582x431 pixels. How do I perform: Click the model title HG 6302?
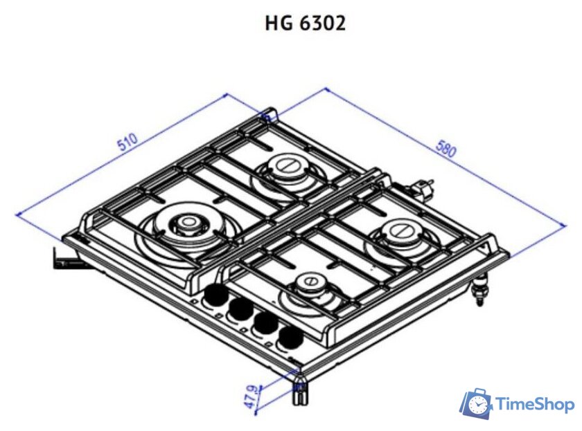(305, 23)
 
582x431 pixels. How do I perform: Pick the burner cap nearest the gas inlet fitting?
(400, 231)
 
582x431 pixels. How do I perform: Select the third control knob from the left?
(264, 324)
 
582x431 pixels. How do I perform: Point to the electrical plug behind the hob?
(421, 187)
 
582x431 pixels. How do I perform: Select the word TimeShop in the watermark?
(535, 405)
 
